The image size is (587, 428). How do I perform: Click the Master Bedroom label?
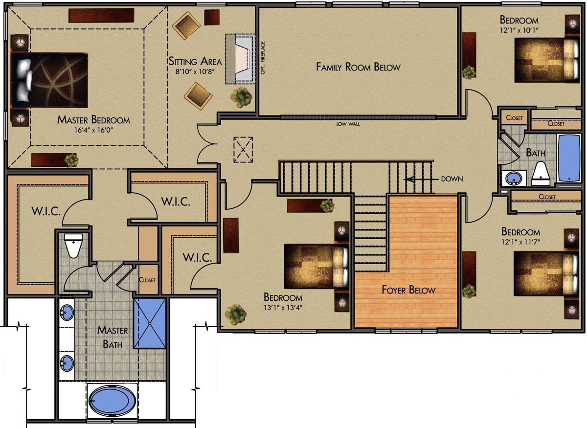coord(93,119)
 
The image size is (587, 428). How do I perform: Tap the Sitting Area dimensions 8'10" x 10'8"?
coord(195,71)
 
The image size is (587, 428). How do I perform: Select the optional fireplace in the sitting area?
coord(240,59)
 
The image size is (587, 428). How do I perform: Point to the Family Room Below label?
coord(358,67)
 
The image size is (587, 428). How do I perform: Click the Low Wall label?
coord(348,124)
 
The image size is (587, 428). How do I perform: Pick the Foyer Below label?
coord(408,290)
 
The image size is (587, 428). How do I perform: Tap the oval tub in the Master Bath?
coord(112,401)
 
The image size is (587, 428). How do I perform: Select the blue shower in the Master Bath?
coord(150,323)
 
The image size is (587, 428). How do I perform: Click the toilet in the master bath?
coord(73,246)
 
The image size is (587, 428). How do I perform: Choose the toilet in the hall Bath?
coord(541,174)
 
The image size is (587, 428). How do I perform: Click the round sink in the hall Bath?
coord(514,179)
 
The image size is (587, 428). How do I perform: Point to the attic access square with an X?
coord(243,150)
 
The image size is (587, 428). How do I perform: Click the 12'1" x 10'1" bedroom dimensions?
coord(519,30)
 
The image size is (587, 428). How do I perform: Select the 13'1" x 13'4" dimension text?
coord(283,307)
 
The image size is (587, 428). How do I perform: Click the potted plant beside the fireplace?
coord(241,97)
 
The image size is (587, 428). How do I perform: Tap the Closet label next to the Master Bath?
coord(147,280)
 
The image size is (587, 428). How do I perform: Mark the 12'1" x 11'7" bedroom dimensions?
coord(520,242)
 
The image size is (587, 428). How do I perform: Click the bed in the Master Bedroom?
coord(49,80)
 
